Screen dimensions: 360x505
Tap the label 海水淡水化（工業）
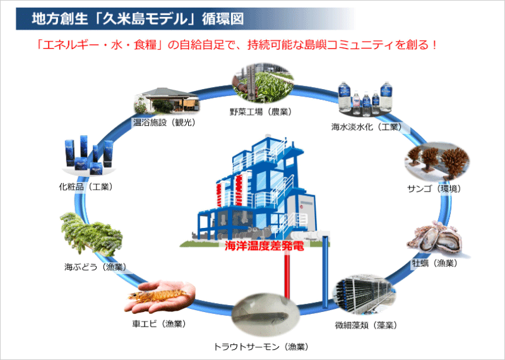[x=366, y=126]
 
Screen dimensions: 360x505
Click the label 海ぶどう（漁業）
[x=95, y=267]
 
